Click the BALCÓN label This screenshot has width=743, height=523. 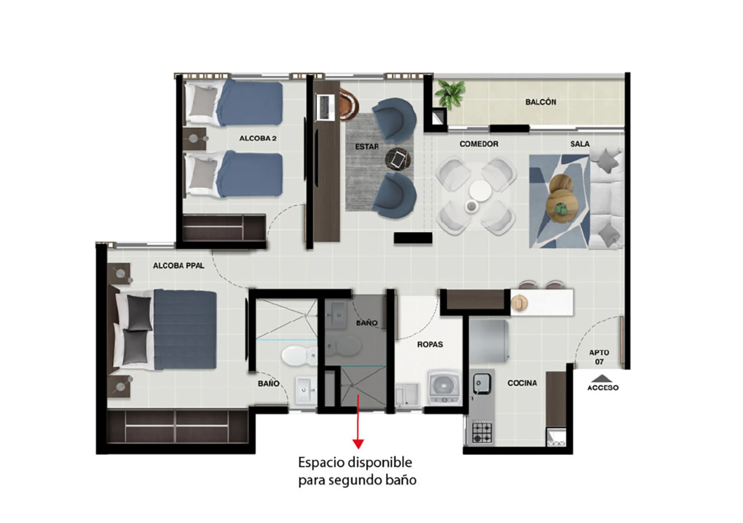(540, 102)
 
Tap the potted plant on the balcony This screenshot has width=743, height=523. (450, 94)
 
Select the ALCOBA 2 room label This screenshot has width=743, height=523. (258, 138)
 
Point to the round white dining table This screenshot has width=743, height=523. (480, 191)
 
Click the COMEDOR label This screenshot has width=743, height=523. (479, 144)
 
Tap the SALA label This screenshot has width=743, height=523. (580, 144)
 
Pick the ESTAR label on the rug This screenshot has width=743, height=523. (367, 147)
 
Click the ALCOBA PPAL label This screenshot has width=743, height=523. (178, 266)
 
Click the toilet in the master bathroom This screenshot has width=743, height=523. (299, 355)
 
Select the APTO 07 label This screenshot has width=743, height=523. (599, 357)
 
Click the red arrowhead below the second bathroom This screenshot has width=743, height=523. (358, 444)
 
